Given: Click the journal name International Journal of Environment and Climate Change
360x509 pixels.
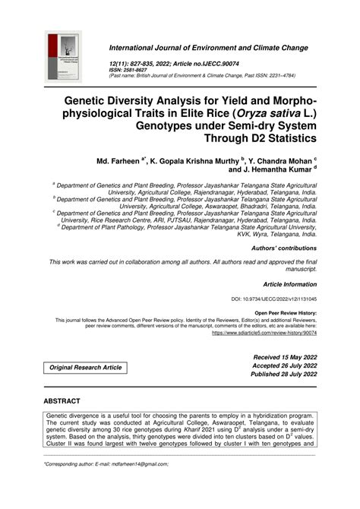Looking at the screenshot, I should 209,47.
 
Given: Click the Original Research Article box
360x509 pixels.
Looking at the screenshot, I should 86,367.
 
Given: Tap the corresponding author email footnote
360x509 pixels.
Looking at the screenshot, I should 106,485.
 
